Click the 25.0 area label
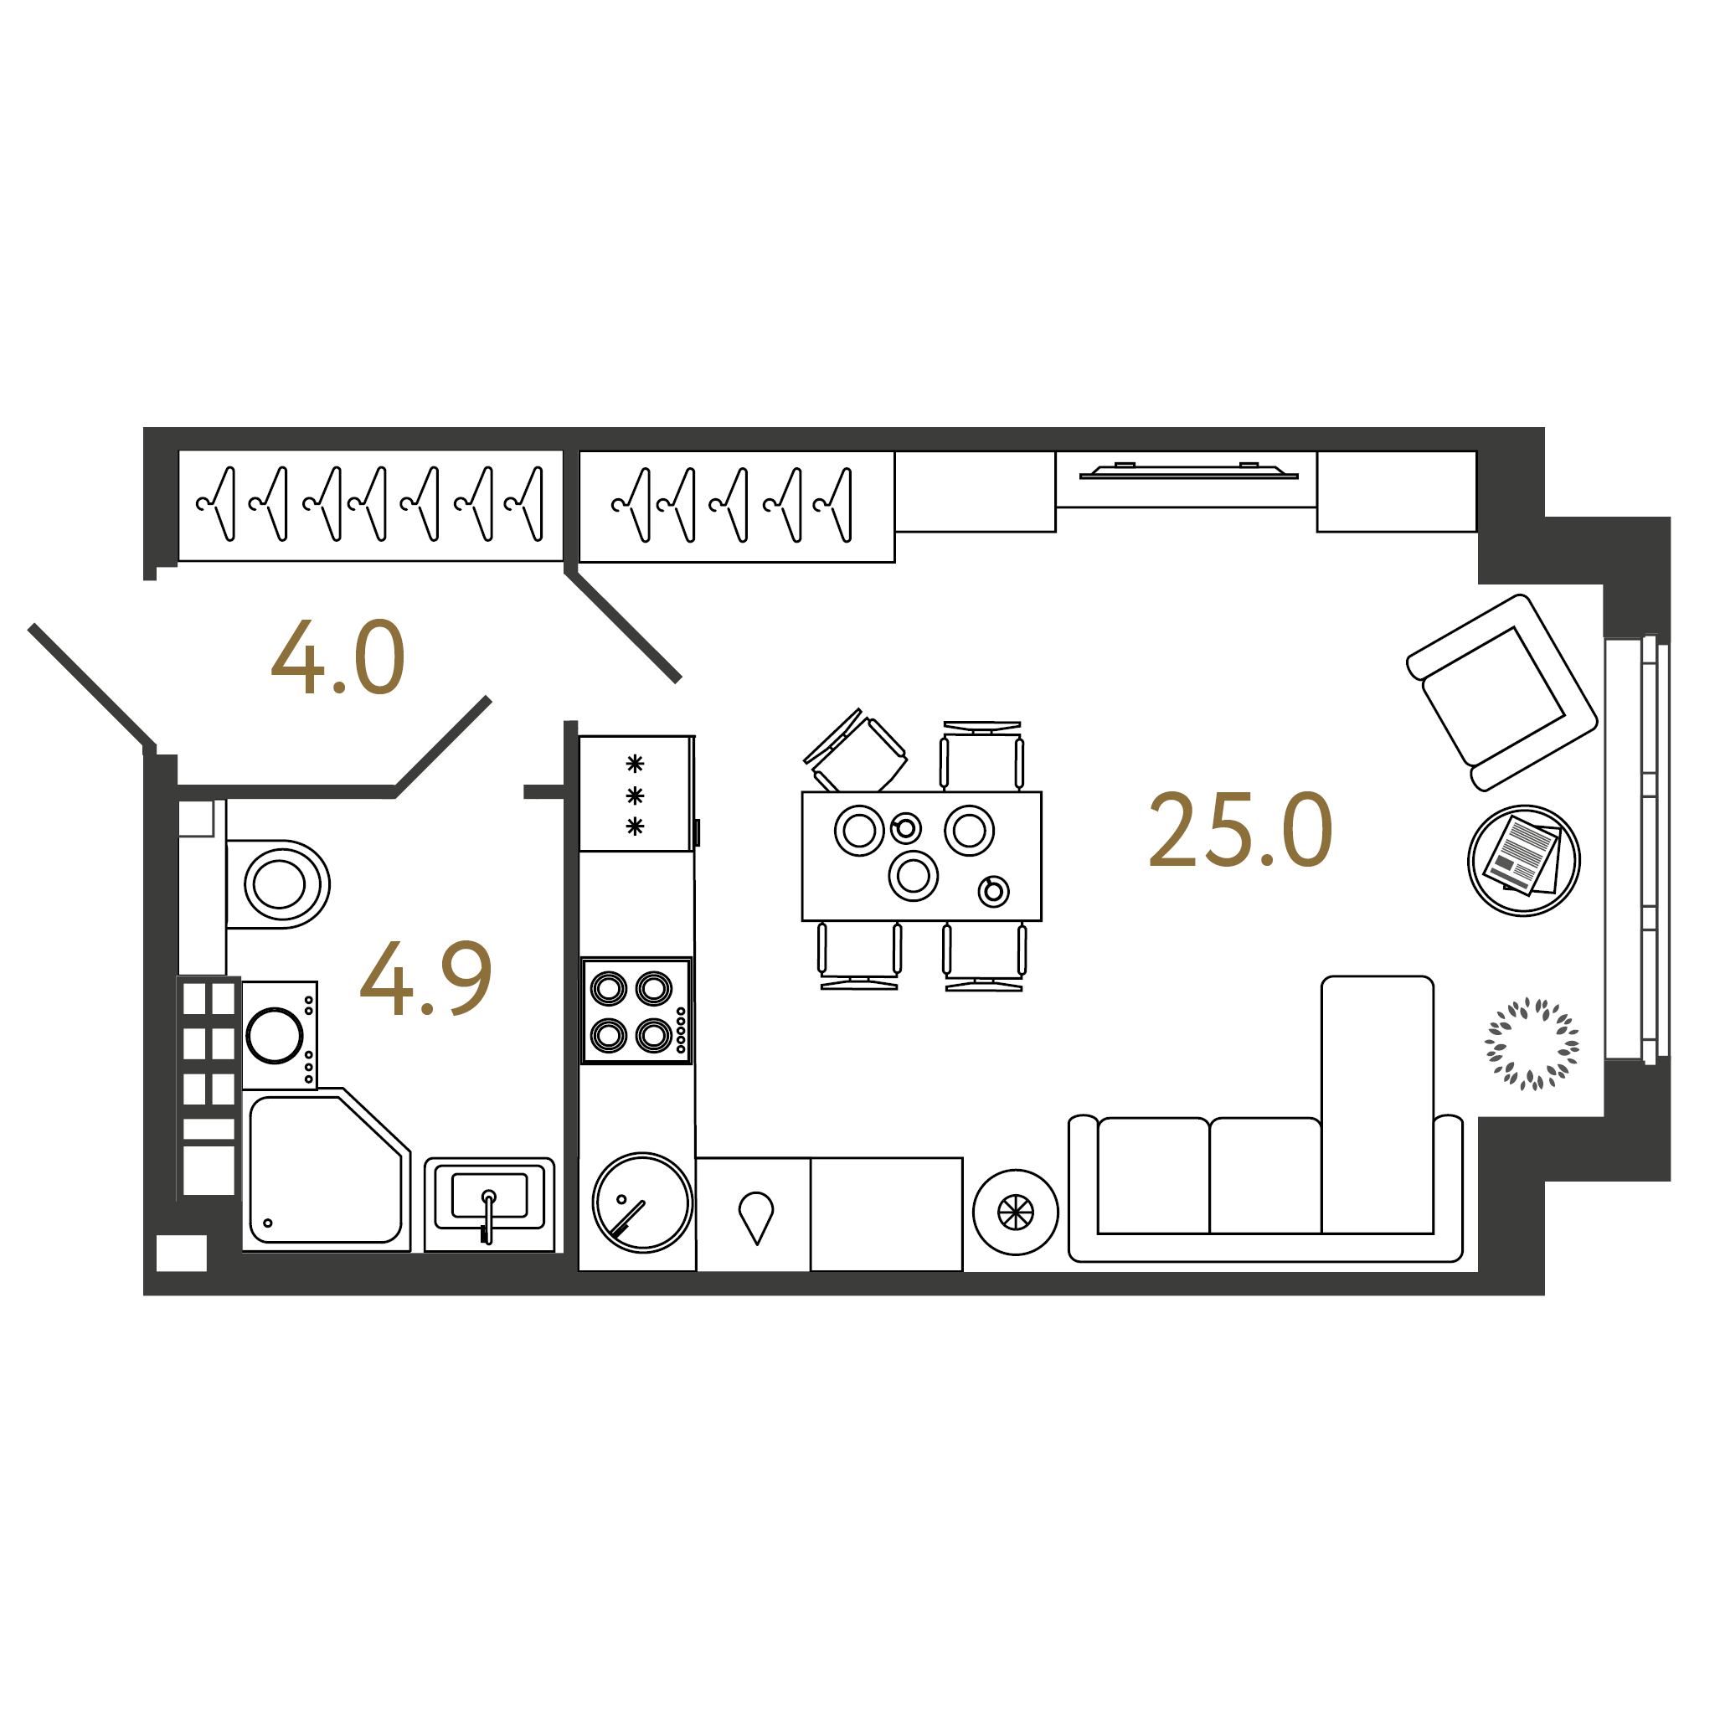tap(1240, 830)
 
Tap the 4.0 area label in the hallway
tap(338, 657)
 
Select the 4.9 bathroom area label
tap(425, 978)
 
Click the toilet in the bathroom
tap(278, 884)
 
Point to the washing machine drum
tap(274, 1035)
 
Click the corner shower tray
tap(326, 1169)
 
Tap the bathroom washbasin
tap(489, 1203)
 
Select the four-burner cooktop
tap(636, 1011)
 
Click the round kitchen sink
tap(642, 1202)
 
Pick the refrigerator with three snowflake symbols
tap(636, 793)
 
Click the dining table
tap(921, 857)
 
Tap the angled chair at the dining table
tap(855, 753)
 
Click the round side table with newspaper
tap(1523, 860)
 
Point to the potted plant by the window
tap(1532, 1043)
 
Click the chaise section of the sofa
tap(1377, 1104)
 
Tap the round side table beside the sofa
tap(1015, 1212)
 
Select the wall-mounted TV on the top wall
tap(1188, 471)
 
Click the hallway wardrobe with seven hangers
tap(370, 506)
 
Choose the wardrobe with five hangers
tap(736, 507)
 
